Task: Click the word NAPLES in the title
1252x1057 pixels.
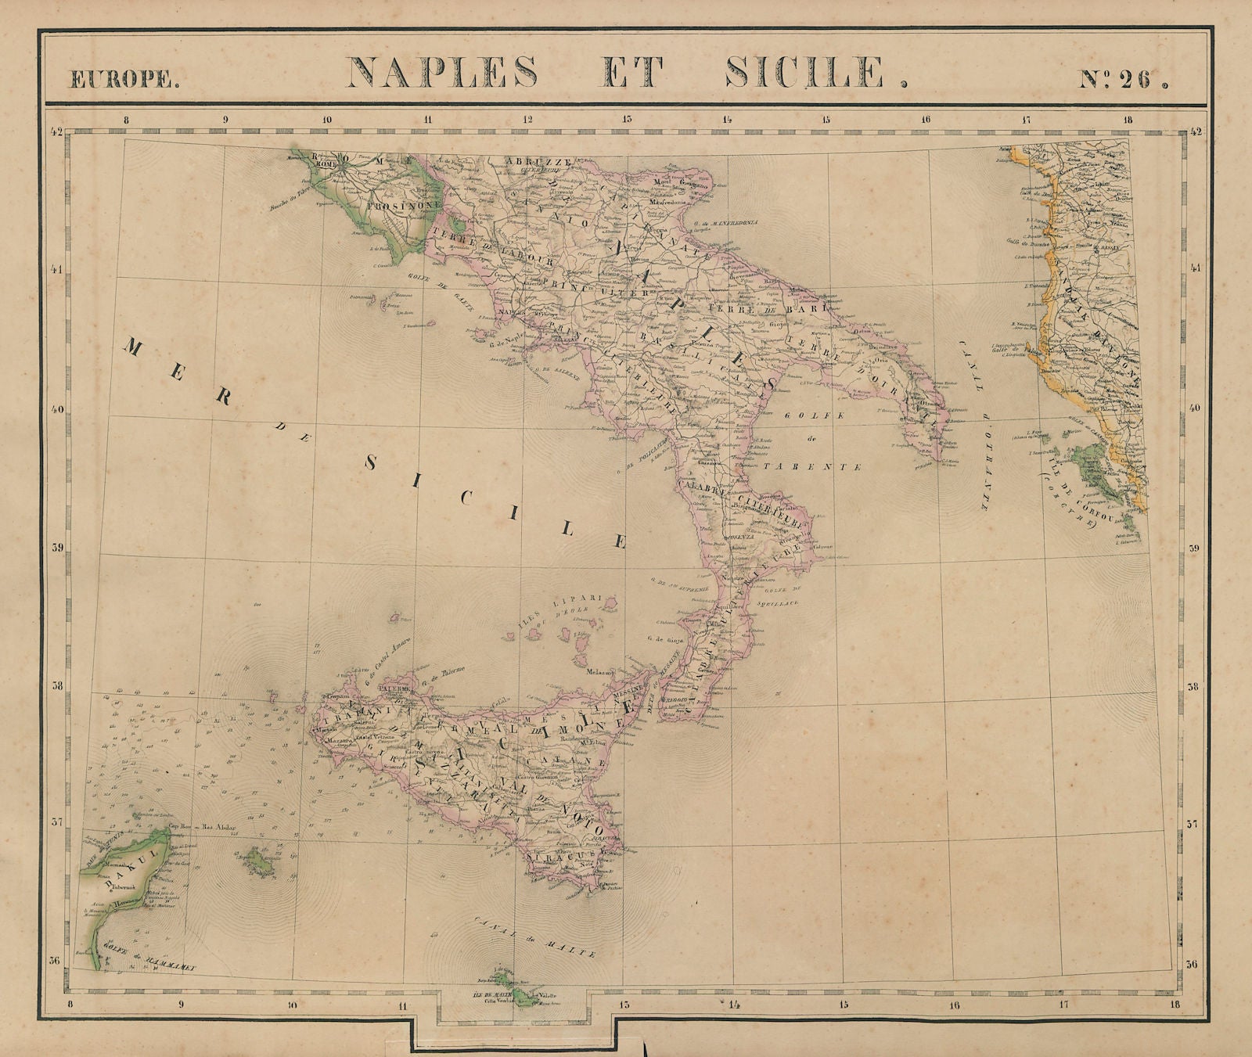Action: (442, 73)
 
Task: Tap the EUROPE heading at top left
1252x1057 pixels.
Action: (124, 79)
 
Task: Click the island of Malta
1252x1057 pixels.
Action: (513, 987)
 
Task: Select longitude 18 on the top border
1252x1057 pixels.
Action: (1128, 120)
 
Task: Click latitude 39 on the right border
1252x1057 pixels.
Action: (1194, 548)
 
